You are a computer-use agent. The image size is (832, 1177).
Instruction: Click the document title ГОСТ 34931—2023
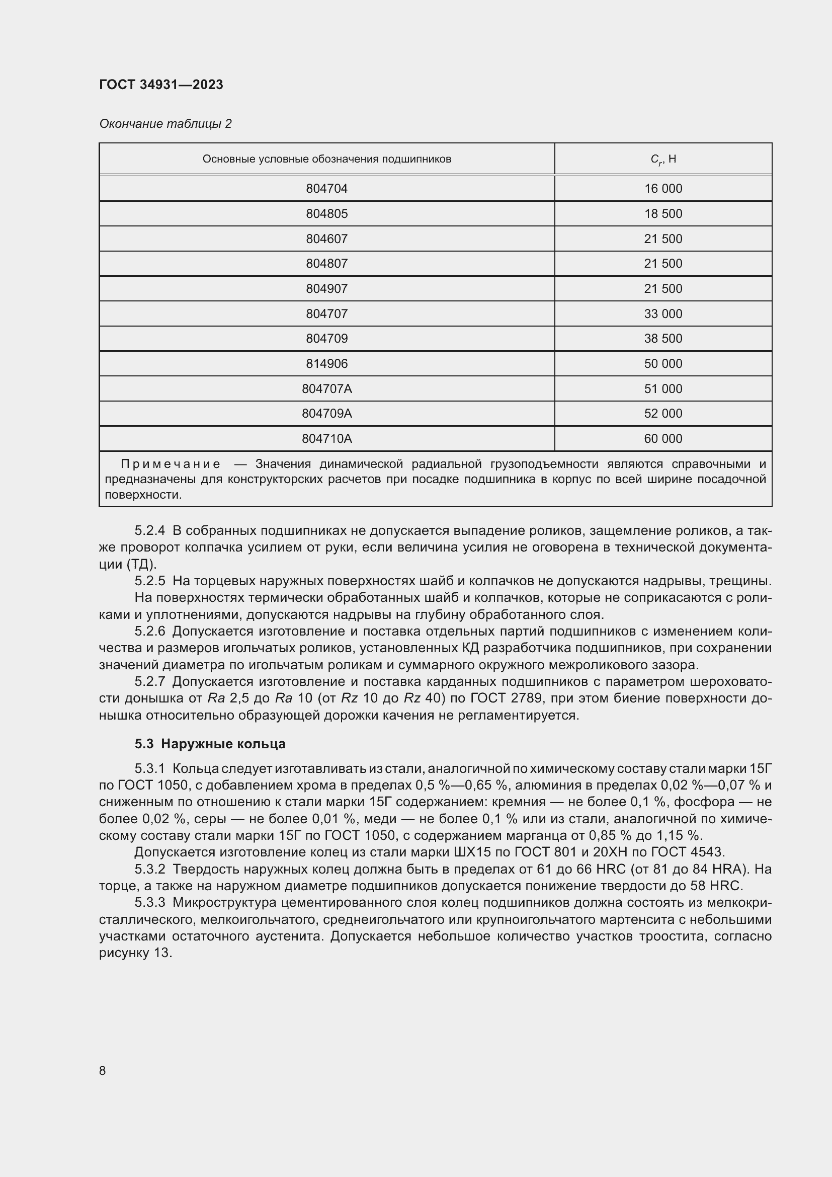161,85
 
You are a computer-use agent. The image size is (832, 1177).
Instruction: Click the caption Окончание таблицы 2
165,124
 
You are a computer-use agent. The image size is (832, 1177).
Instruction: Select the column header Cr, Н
663,160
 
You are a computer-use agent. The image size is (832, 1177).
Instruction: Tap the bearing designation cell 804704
326,189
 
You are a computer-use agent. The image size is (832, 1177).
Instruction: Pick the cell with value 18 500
663,214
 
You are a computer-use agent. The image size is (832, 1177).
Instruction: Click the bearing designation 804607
326,239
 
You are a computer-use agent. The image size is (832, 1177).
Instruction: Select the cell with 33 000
663,313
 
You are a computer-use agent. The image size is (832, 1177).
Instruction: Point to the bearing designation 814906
326,364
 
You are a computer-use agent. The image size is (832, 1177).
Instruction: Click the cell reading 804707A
326,389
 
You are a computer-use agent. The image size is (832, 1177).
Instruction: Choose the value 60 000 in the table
663,439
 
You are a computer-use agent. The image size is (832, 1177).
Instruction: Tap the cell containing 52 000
663,414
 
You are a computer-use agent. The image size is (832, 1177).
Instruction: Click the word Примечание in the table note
171,464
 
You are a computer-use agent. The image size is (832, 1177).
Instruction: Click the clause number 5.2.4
149,530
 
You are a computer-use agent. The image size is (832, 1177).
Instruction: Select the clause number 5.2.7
149,682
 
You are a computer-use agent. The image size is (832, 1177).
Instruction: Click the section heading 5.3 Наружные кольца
210,744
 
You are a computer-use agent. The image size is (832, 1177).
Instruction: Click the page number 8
103,1071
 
